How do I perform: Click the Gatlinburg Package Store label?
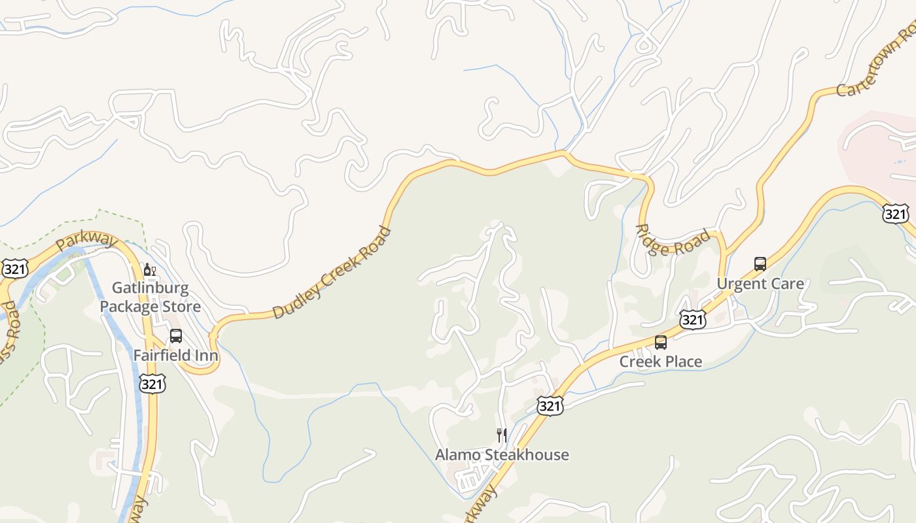click(x=150, y=297)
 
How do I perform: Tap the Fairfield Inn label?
click(x=175, y=356)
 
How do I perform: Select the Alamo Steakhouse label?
click(x=502, y=455)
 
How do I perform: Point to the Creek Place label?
click(x=660, y=362)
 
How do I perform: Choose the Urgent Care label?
click(x=760, y=284)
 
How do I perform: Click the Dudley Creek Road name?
click(x=332, y=273)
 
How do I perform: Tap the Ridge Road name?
click(x=673, y=241)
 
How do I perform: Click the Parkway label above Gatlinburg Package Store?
click(x=86, y=240)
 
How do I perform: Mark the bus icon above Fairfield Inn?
click(x=175, y=336)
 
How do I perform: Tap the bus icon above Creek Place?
click(x=660, y=342)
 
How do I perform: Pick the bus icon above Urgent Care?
click(x=760, y=264)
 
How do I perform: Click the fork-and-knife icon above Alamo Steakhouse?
click(x=502, y=435)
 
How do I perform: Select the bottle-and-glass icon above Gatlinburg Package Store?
click(x=150, y=269)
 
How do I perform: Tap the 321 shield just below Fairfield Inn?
click(x=152, y=384)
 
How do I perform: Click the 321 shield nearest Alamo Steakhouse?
click(x=550, y=406)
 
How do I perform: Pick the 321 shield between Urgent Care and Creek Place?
click(x=692, y=319)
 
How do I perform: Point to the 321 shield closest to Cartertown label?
click(x=895, y=213)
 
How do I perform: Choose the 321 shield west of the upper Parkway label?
click(x=14, y=268)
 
